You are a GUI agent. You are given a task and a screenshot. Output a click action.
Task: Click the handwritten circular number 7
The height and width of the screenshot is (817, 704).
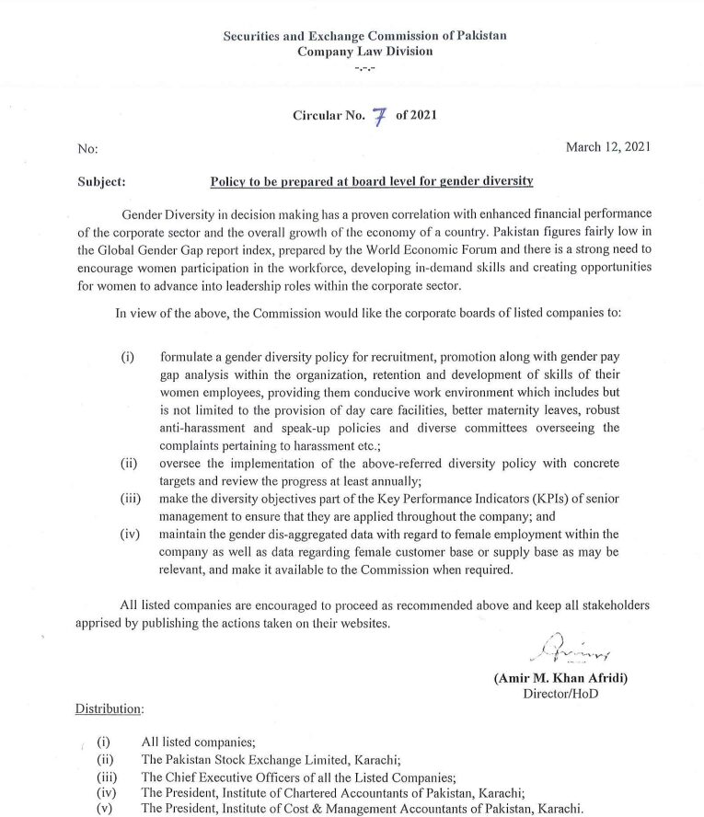[x=377, y=116]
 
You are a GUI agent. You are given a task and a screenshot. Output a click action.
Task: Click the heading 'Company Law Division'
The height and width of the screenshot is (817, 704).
[x=364, y=52]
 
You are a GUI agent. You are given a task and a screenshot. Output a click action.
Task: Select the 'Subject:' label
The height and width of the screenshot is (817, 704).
[x=103, y=182]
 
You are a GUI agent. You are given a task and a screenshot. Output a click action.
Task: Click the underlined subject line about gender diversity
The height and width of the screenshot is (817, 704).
[x=372, y=182]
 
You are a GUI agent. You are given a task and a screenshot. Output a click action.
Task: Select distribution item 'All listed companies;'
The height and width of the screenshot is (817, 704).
[x=198, y=742]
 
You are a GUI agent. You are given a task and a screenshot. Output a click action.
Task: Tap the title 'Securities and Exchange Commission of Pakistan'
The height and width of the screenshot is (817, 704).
[x=364, y=36]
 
